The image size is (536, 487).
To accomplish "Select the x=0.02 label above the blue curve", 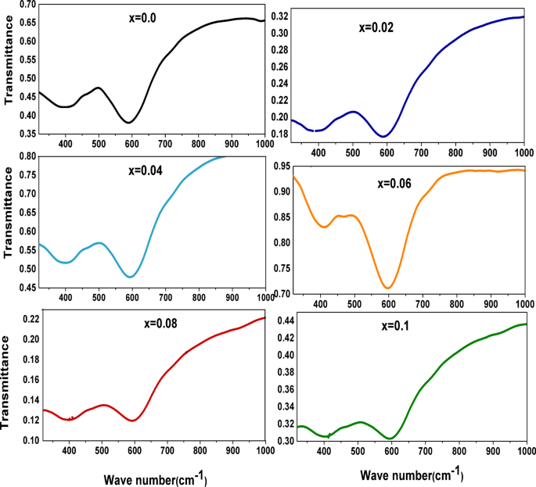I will pos(376,27).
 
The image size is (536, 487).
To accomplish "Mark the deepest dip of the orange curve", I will pos(387,288).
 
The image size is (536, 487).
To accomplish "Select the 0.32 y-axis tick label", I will pos(279,16).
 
